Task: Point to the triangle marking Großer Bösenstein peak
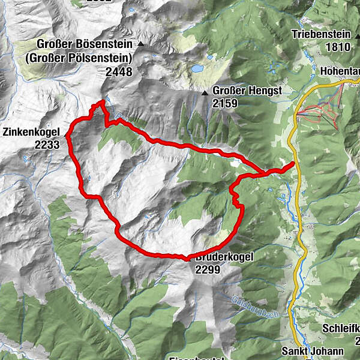coord(141,44)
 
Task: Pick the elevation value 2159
coord(225,104)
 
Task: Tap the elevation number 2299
coord(208,269)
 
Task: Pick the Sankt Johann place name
coord(314,352)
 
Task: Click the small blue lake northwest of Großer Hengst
coord(197,68)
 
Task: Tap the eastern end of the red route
coord(294,163)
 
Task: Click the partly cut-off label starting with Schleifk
coord(341,329)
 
